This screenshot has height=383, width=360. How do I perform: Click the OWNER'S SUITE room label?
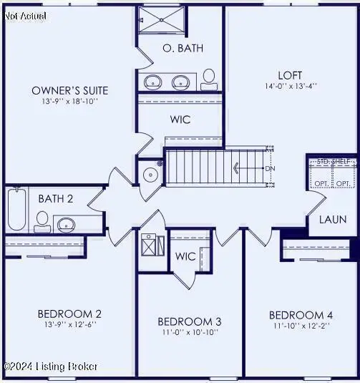coord(70,90)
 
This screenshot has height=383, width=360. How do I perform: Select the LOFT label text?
coord(290,74)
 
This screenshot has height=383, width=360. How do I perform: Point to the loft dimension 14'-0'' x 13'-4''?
coord(290,86)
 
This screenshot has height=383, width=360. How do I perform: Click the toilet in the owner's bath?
coord(209,77)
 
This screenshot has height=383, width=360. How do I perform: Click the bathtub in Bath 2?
coord(16,208)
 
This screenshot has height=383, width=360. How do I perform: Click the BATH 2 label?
coord(55,198)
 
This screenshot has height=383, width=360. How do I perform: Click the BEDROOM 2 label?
coord(69,313)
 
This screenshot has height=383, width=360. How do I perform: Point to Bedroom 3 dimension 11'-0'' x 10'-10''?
coord(190,331)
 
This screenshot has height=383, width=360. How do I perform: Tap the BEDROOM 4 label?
coord(301,314)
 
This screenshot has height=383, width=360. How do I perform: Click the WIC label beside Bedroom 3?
coord(185,256)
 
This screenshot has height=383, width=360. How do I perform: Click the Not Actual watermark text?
coord(24,15)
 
